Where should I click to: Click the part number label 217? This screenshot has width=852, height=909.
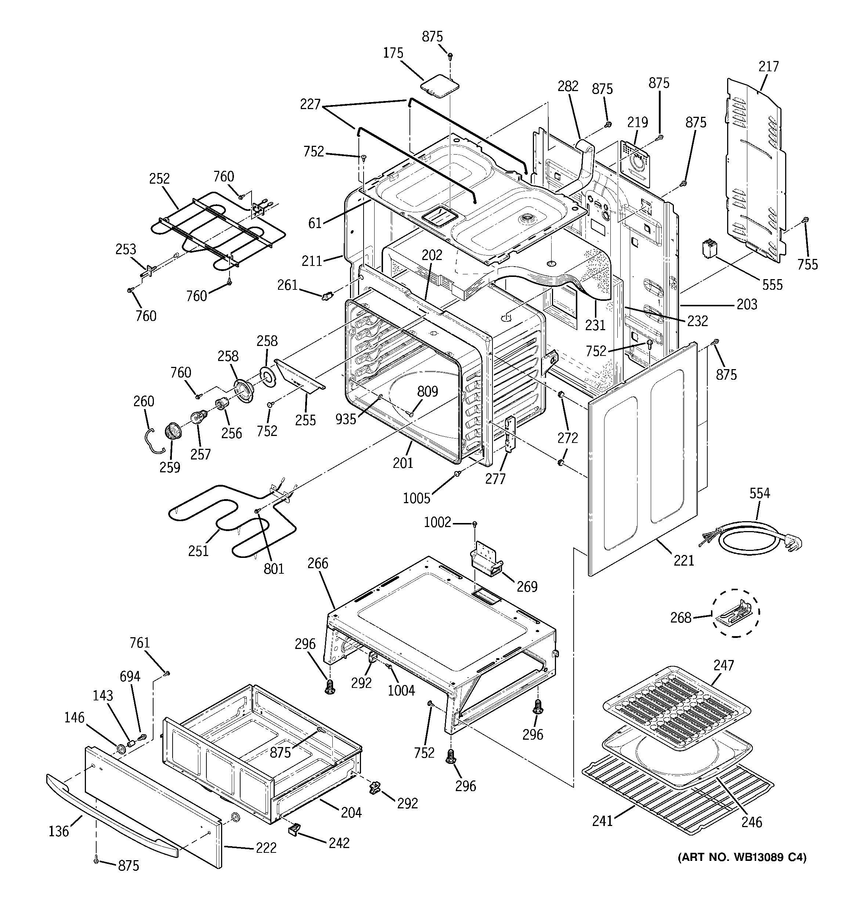click(768, 67)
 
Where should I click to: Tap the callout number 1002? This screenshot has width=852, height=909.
click(437, 522)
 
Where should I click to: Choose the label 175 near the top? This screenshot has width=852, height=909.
click(393, 54)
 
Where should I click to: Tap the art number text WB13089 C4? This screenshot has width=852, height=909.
click(742, 857)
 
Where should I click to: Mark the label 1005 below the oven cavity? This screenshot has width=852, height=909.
click(416, 498)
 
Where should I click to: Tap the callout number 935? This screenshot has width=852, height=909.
click(345, 419)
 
